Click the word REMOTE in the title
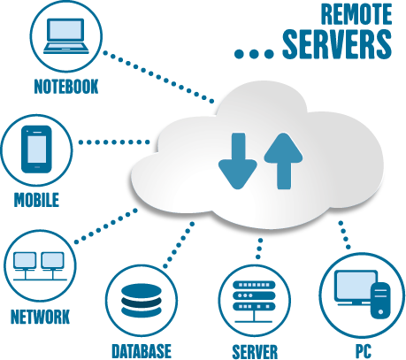(x=356, y=14)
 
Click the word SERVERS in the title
(x=337, y=44)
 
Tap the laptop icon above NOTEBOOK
(x=66, y=36)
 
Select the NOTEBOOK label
(x=66, y=87)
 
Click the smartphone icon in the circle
(x=36, y=149)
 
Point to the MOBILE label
(x=36, y=200)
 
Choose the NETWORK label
(x=40, y=317)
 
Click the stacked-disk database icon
(x=142, y=301)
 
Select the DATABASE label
(x=142, y=351)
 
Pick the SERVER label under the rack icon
(x=255, y=352)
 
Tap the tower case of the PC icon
(x=380, y=301)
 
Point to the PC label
(x=364, y=351)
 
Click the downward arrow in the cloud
(x=238, y=161)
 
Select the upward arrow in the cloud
(x=283, y=161)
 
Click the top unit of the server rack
(x=254, y=285)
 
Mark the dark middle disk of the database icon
(x=142, y=301)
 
